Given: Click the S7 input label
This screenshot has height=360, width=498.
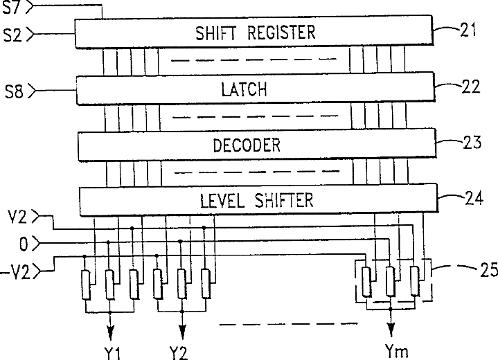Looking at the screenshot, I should pyautogui.click(x=13, y=8).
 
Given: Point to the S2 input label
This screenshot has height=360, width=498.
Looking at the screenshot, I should pyautogui.click(x=12, y=33).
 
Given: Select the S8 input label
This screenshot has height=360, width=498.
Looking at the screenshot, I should pyautogui.click(x=13, y=91).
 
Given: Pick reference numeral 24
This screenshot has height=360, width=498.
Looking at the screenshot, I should pyautogui.click(x=472, y=199).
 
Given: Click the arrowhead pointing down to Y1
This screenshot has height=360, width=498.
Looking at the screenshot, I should pyautogui.click(x=109, y=329).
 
